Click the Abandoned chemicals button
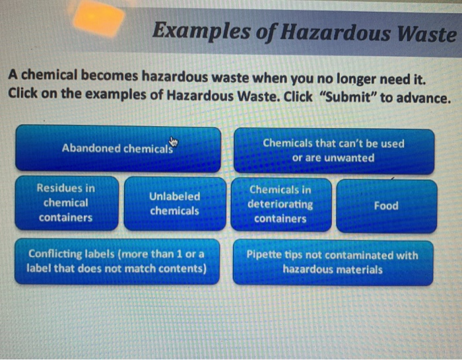(x=117, y=148)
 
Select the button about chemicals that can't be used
(x=333, y=151)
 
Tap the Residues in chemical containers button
(x=66, y=203)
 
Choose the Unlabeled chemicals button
(x=174, y=203)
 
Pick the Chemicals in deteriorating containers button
(x=280, y=203)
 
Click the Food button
(x=386, y=205)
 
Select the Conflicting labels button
(x=117, y=261)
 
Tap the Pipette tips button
(x=332, y=262)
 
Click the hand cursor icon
(x=174, y=141)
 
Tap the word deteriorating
(x=280, y=203)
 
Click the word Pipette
(x=265, y=254)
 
